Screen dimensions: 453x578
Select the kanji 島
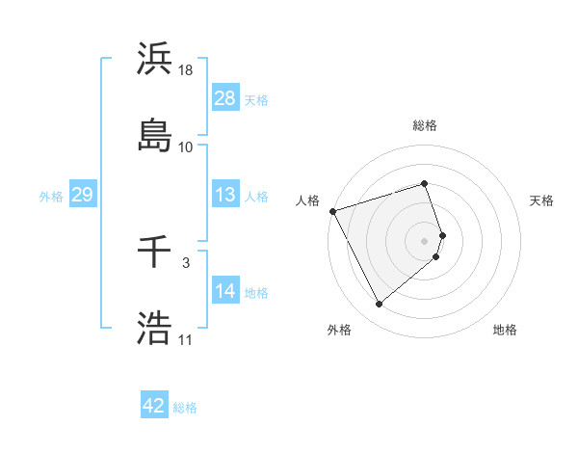(x=155, y=135)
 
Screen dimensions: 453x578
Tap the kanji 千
(x=155, y=253)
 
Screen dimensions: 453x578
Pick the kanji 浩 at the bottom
(x=155, y=329)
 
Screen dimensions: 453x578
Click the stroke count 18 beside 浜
(x=187, y=70)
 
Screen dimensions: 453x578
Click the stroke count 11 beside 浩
(x=185, y=340)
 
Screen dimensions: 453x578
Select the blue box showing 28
(x=225, y=97)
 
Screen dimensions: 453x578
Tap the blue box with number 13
(x=225, y=195)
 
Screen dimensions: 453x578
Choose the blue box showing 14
(x=225, y=290)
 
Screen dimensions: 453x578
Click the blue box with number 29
(x=82, y=195)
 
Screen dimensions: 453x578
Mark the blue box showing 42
(x=154, y=406)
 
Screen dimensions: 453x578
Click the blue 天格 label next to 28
(x=256, y=99)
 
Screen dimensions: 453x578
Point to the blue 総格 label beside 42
(x=185, y=408)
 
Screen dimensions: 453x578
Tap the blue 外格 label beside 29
(x=51, y=196)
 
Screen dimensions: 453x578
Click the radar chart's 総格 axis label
(x=425, y=125)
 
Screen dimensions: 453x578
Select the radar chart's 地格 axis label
(x=505, y=330)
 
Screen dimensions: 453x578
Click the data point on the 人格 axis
(x=332, y=210)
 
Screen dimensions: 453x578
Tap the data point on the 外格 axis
(x=379, y=305)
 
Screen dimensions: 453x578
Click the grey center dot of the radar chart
(x=425, y=240)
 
